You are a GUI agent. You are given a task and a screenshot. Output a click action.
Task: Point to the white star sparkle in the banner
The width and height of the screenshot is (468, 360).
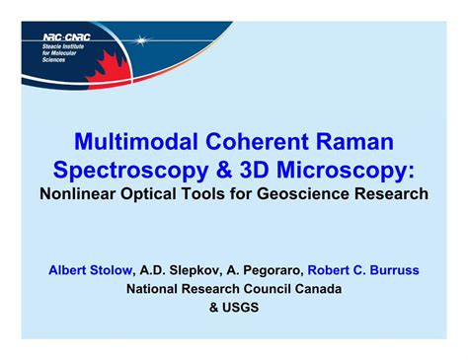pyautogui.click(x=146, y=41)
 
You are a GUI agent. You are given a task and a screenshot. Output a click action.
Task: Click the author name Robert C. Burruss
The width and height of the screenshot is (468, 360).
pyautogui.click(x=364, y=267)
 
